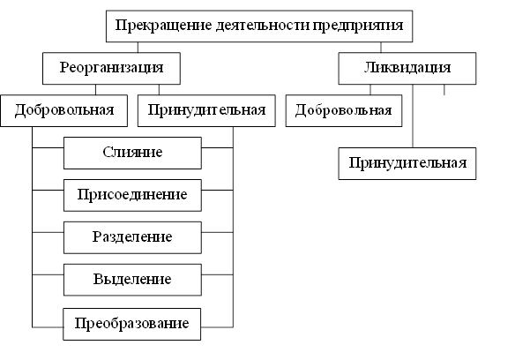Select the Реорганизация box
click(111, 68)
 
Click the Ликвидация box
click(407, 68)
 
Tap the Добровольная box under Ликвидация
click(345, 110)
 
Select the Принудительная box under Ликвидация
click(408, 163)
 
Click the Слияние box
click(131, 153)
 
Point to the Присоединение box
click(131, 195)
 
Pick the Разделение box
click(131, 237)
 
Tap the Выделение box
click(131, 280)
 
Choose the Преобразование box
click(131, 322)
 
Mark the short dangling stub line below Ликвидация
click(444, 90)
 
